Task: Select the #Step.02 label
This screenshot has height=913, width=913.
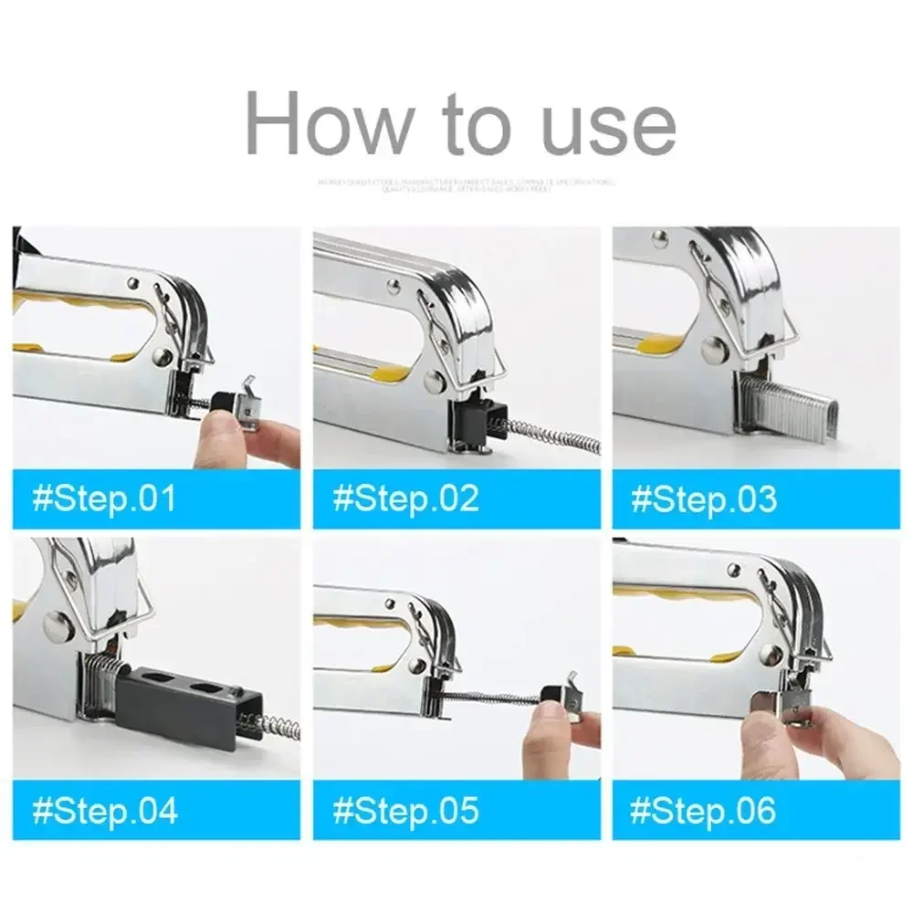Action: pyautogui.click(x=405, y=499)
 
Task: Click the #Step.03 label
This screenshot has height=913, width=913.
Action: pyautogui.click(x=704, y=499)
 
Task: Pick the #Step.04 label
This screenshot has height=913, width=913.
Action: pyautogui.click(x=104, y=811)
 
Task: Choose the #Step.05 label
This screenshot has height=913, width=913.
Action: pyautogui.click(x=405, y=811)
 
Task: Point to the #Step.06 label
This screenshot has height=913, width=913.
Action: pyautogui.click(x=704, y=811)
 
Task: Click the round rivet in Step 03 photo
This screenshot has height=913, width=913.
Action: pyautogui.click(x=715, y=346)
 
